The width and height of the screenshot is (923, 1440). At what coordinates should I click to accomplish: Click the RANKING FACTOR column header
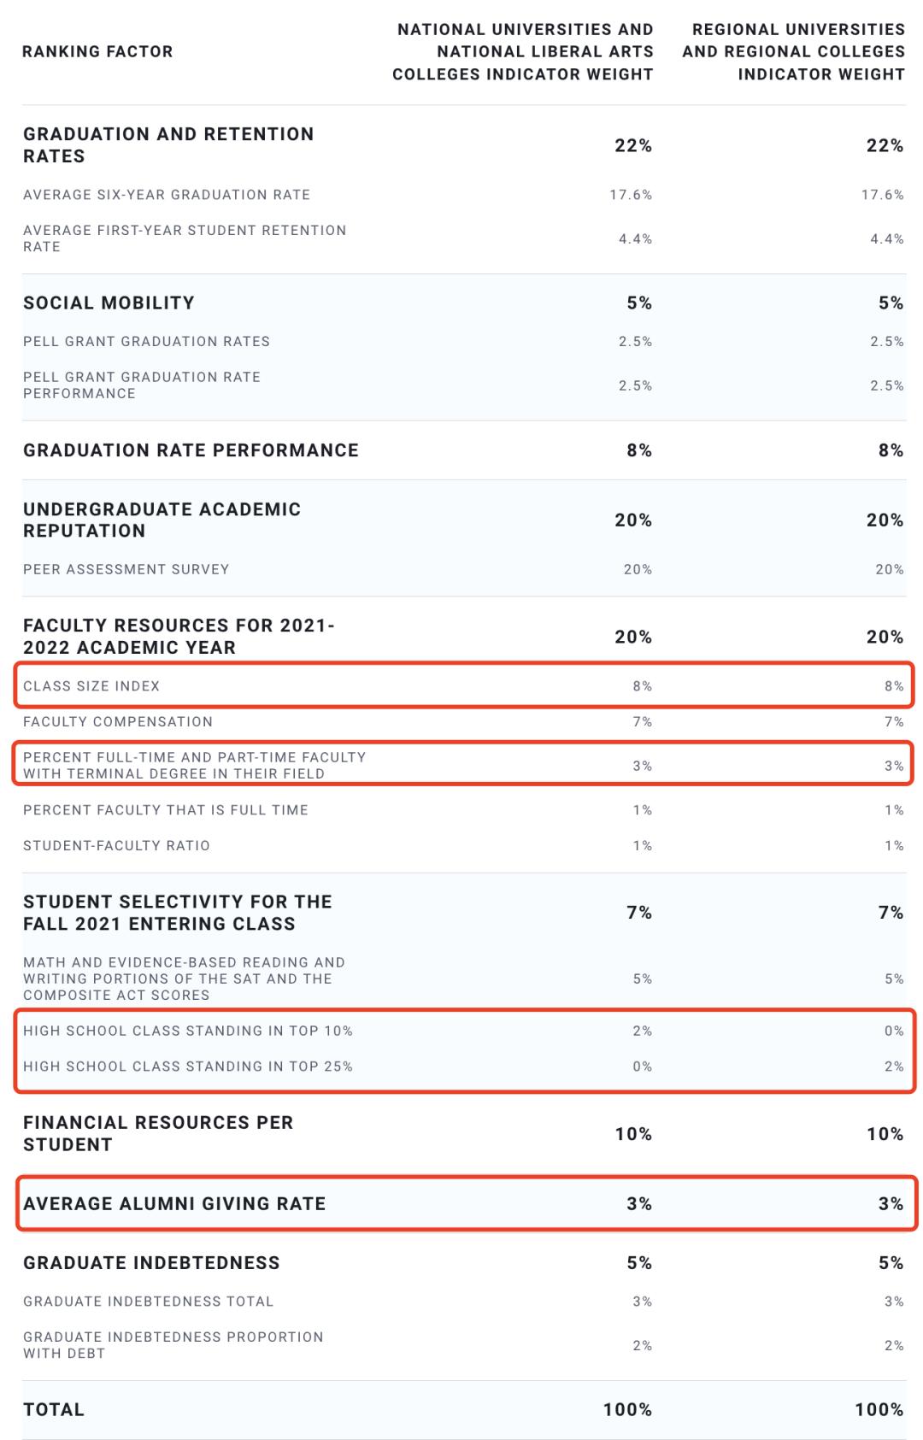coord(97,51)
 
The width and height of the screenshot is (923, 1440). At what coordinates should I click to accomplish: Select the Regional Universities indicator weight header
coord(793,51)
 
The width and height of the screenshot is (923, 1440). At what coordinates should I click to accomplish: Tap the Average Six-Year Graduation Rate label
coord(167,195)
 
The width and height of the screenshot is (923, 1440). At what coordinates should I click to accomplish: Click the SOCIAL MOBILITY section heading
coord(109,303)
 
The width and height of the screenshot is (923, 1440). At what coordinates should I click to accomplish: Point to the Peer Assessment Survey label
coord(126,569)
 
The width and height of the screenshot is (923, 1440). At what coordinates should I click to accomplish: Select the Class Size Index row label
coord(91,686)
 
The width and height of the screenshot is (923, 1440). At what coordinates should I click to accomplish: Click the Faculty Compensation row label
coord(118,722)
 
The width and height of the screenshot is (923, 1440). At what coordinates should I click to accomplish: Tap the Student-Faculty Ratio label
coord(116,846)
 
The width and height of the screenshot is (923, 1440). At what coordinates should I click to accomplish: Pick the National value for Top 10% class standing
coord(642,1032)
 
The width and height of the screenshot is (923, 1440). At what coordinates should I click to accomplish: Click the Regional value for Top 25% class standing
coord(894,1067)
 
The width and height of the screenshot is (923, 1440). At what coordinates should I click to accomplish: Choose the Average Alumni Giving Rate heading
coord(174,1204)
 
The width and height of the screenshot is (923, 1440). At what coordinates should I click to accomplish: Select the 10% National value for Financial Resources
coord(633,1134)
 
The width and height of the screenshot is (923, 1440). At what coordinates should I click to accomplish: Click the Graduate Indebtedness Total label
coord(148,1302)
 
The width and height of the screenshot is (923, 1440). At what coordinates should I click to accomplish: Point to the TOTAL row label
coord(54,1410)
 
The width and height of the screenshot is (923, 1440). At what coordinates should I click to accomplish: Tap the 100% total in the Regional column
coord(879,1410)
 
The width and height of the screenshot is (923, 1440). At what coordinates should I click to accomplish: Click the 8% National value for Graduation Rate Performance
coord(639,450)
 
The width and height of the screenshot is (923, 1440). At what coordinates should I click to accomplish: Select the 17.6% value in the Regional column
coord(882,195)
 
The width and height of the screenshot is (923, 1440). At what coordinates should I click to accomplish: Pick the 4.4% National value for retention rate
coord(635,239)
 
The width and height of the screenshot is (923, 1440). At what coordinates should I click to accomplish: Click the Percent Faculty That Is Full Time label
coord(166,810)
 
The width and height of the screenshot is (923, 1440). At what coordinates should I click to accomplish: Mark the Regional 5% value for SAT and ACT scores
coord(894,979)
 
